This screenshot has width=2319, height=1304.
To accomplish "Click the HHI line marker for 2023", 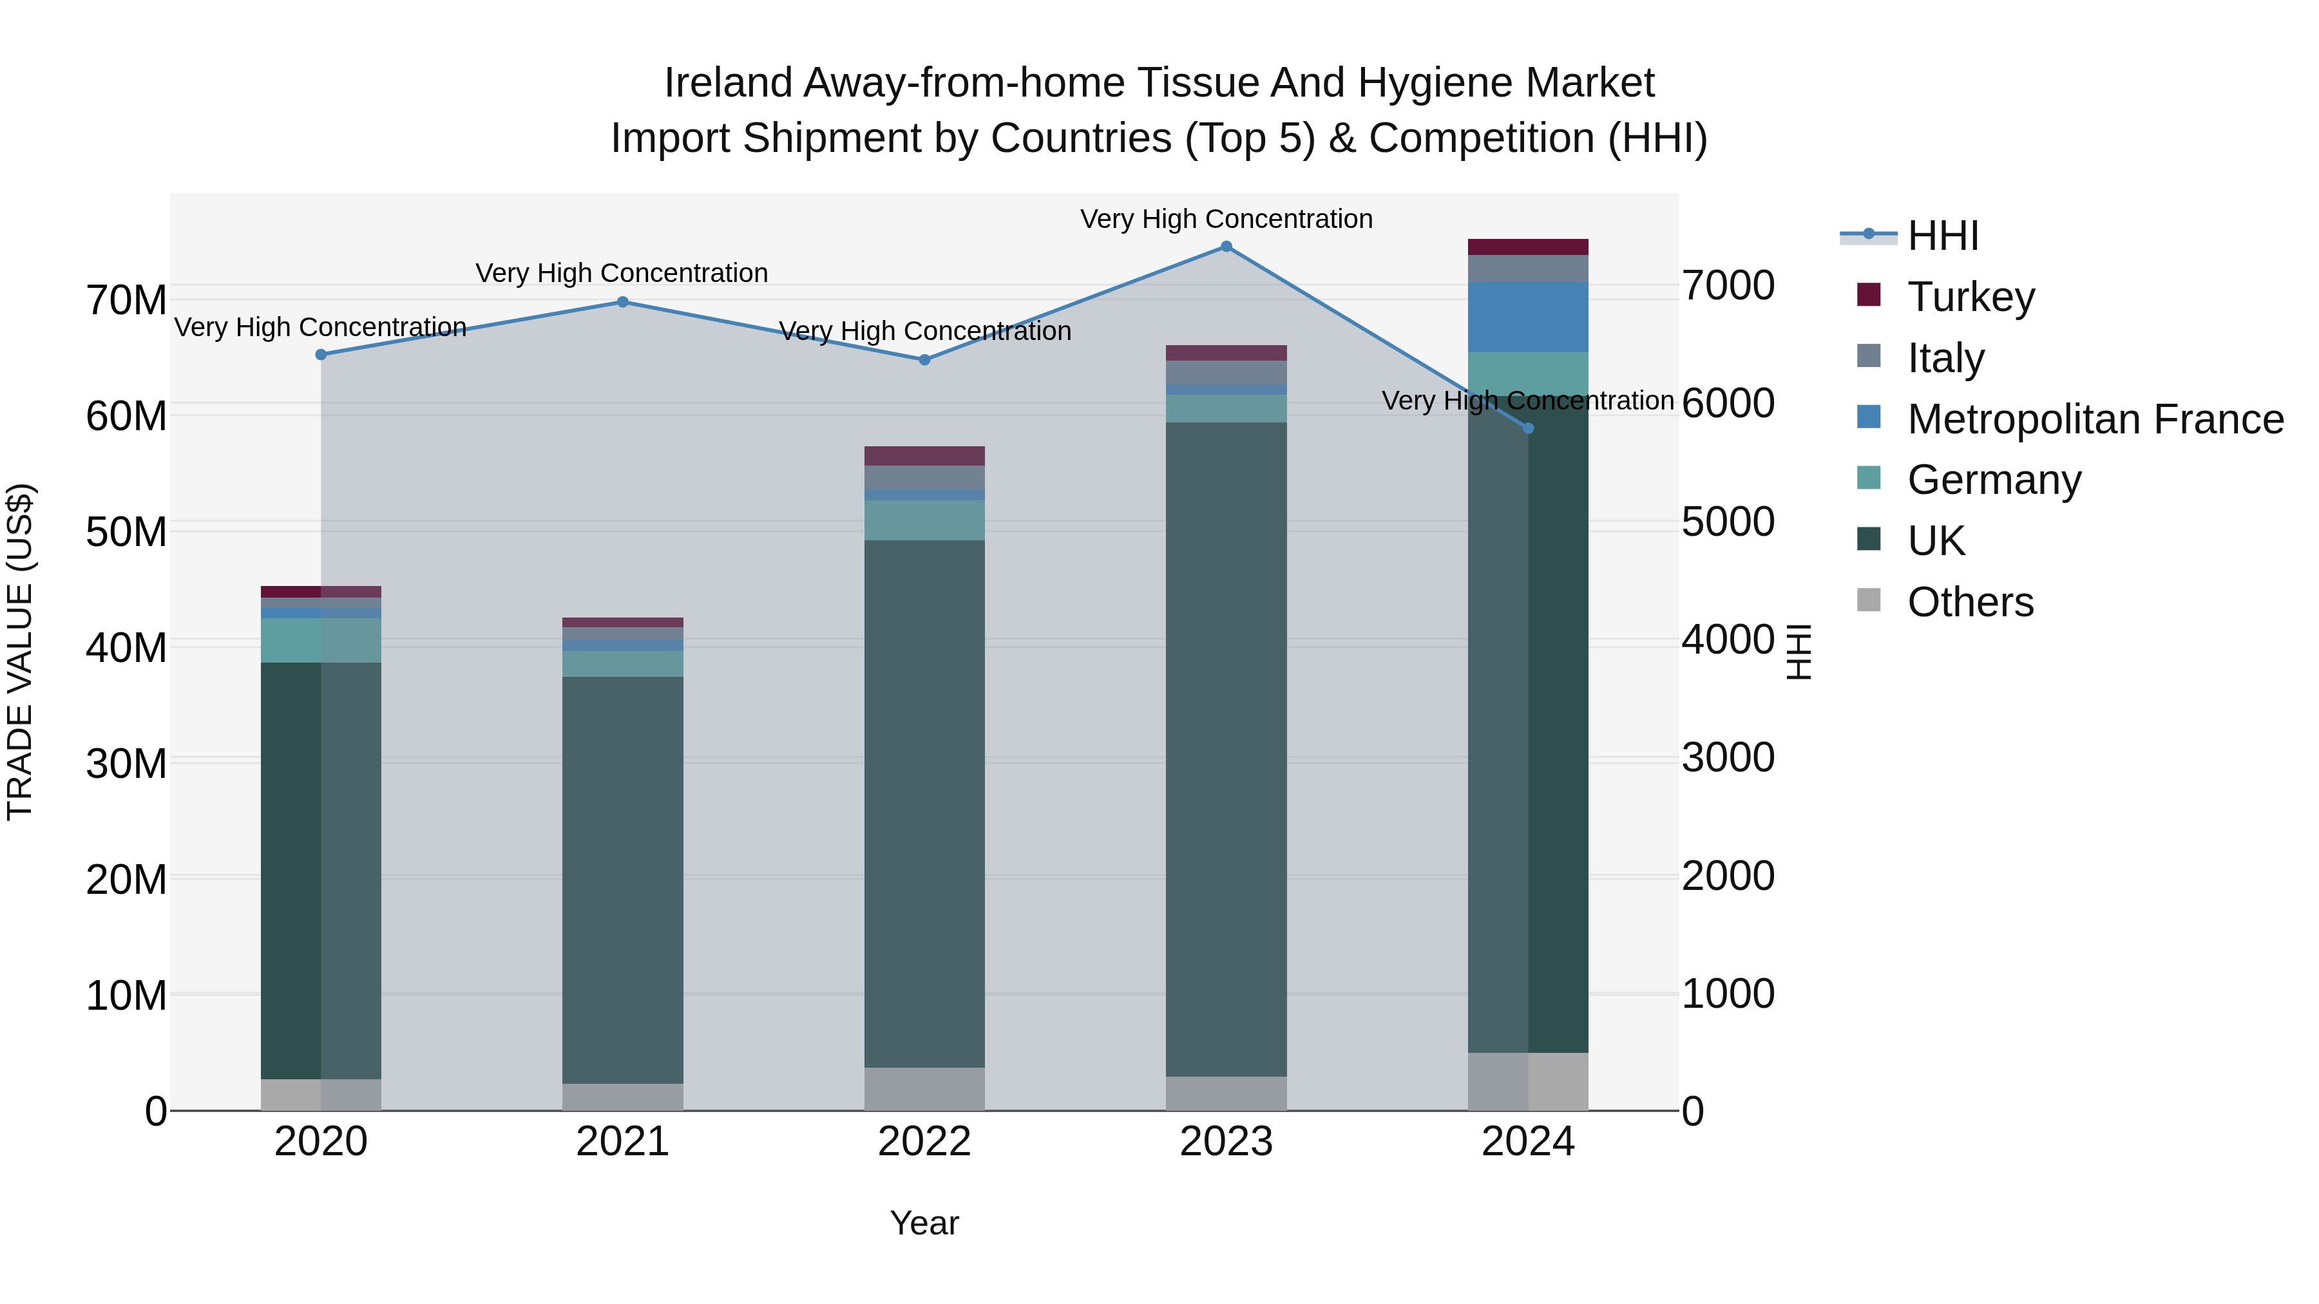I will pos(1226,247).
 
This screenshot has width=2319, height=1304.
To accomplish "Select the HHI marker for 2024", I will pos(1528,428).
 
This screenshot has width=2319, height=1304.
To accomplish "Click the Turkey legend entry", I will pos(1970,297).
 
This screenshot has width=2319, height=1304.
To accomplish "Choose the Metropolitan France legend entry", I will pos(2094,419).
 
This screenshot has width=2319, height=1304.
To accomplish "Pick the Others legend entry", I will pos(1970,602).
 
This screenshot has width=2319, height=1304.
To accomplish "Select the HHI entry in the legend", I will pos(1942,236).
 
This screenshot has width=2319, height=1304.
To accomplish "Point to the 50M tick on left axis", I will pos(126,532).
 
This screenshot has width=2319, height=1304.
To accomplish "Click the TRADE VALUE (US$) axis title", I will pos(20,652).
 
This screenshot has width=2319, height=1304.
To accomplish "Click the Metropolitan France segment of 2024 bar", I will pos(1528,317).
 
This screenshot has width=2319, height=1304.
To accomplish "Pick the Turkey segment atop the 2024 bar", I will pos(1528,247).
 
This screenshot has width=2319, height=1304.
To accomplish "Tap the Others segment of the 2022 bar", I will pos(924,1089).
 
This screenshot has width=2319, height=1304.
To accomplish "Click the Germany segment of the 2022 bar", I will pos(924,520).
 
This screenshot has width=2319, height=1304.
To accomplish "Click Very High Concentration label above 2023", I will pos(1226,219).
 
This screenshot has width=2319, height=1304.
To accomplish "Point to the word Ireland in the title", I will pos(727,83).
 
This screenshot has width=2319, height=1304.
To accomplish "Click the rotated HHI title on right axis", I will pos(1798,652).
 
